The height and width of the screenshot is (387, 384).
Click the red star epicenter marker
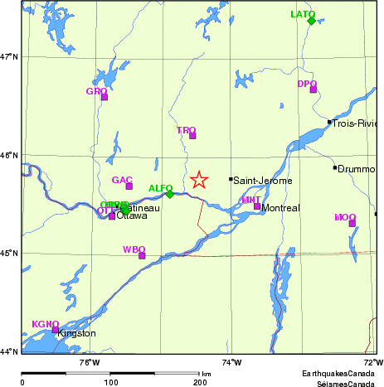199,180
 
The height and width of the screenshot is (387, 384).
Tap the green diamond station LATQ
311,21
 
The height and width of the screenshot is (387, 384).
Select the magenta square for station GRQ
105,97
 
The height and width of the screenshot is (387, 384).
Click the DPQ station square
314,89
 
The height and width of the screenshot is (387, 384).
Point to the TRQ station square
192,136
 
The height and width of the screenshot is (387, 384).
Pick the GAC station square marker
129,186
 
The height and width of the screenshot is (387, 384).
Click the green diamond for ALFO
169,194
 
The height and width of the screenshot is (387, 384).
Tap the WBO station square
142,255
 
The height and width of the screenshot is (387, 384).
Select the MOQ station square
352,223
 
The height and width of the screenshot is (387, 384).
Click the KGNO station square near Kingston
56,330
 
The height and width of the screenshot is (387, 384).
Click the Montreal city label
280,208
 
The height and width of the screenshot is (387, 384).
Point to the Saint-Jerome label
257,180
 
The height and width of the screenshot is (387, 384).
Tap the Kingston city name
76,334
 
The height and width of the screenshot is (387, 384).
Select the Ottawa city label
131,216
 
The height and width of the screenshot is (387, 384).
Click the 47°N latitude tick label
10,56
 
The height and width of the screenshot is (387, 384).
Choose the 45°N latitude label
10,254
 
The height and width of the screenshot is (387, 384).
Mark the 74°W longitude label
233,362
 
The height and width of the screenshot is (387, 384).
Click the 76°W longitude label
90,362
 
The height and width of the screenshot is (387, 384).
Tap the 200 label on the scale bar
200,382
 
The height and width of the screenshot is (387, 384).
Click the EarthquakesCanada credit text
336,373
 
